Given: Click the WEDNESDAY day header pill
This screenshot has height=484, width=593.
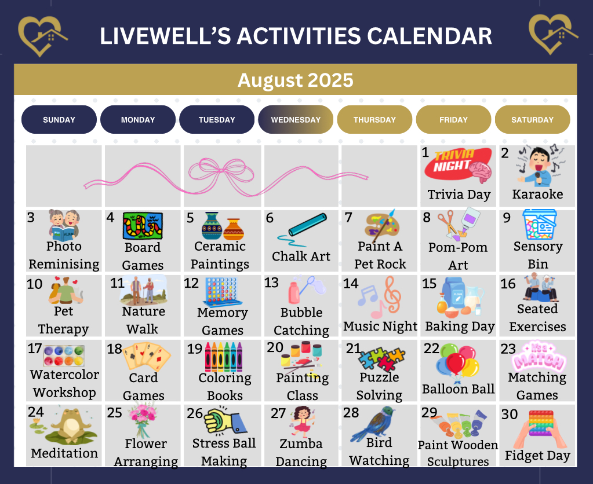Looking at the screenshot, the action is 296,119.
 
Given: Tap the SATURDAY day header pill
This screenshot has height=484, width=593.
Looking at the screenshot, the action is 533,119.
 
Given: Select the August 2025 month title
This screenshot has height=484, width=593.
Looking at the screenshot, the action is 296,80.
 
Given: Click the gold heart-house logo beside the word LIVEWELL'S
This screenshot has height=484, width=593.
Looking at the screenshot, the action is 42,35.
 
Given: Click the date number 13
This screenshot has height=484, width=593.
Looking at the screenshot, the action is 271,283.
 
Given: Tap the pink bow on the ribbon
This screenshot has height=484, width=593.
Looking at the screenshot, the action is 221,173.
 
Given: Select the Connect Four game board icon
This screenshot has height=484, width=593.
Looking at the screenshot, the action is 223,292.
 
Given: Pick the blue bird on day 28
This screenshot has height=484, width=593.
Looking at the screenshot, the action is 373,424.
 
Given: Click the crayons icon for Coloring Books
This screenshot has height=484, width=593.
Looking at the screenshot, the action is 224,357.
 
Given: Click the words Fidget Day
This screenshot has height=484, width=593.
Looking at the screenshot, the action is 537,456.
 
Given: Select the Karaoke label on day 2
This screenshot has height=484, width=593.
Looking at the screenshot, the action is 537,194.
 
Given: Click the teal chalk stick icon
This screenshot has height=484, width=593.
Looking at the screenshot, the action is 303,228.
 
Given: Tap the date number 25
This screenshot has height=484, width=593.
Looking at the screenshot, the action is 114,413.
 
